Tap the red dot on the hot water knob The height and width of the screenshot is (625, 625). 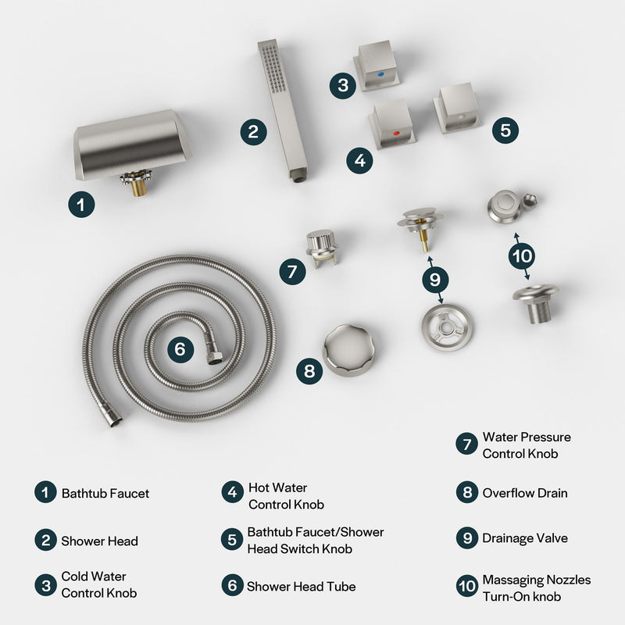tap(396, 134)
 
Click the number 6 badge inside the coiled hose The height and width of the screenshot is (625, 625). tap(180, 349)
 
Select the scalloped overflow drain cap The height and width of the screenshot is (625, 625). tap(348, 349)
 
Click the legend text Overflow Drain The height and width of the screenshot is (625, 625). tap(525, 493)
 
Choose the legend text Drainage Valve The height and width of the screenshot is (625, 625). tap(525, 538)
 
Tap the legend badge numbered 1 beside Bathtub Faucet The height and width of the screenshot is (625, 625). tap(45, 493)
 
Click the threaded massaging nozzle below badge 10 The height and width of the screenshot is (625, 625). tap(535, 302)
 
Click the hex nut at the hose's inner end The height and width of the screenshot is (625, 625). tap(213, 357)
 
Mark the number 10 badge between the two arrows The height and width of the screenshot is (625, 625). tap(522, 255)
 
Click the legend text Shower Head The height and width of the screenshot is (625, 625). tap(99, 541)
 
